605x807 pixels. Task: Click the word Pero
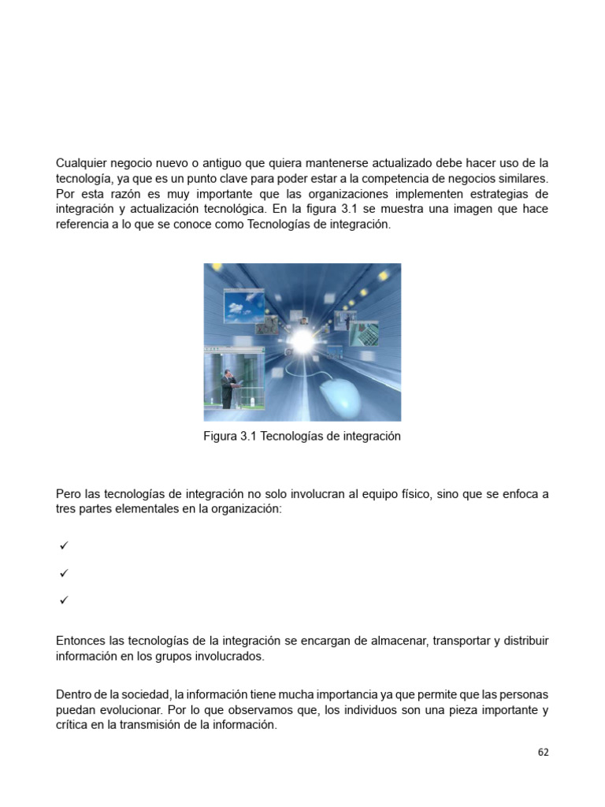(69, 494)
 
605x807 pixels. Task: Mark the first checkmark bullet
(64, 545)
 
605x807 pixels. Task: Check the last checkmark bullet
(64, 601)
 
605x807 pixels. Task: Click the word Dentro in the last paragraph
(75, 694)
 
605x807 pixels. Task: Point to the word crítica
(74, 725)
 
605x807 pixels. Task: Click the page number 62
(543, 753)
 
